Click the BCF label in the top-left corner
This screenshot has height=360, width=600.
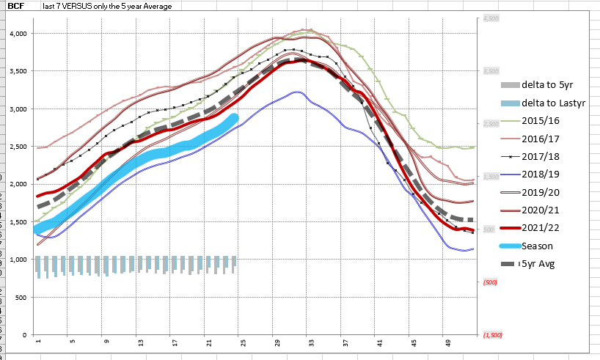coord(16,6)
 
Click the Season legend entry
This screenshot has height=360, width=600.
coord(537,246)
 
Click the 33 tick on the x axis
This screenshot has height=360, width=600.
coord(311,342)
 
